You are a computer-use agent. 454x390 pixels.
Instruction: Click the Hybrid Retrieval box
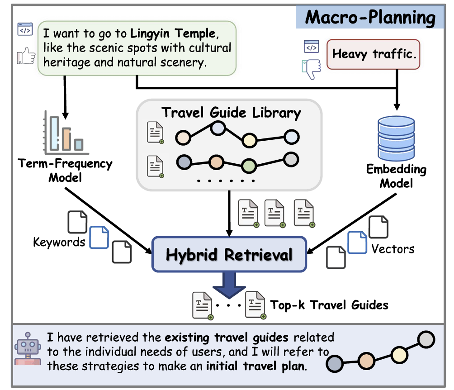[x=229, y=254]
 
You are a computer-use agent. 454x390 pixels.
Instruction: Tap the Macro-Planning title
[x=370, y=17]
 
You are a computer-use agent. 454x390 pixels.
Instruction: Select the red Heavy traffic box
[x=373, y=54]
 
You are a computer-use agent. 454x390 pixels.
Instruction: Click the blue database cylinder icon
[x=396, y=138]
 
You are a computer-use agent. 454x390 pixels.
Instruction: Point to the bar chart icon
[x=66, y=132]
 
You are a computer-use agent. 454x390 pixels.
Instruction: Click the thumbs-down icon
[x=312, y=69]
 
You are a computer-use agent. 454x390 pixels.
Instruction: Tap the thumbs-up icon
[x=26, y=56]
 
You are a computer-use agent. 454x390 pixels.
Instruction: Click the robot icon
[x=28, y=348]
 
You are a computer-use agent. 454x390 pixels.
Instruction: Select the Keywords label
[x=59, y=242]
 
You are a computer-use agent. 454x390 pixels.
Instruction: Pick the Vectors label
[x=393, y=249]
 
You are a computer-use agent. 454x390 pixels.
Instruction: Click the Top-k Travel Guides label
[x=329, y=305]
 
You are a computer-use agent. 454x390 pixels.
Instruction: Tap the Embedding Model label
[x=396, y=176]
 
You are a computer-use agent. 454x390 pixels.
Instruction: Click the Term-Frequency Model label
[x=65, y=171]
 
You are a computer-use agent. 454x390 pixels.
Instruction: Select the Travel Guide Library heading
[x=231, y=113]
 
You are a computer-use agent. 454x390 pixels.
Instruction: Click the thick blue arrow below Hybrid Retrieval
[x=229, y=285]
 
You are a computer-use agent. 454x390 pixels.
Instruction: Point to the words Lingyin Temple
[x=173, y=33]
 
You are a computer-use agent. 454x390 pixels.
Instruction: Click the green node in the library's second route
[x=249, y=166]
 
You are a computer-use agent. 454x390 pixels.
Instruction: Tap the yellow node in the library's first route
[x=249, y=141]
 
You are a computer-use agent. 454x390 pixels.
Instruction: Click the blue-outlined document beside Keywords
[x=99, y=238]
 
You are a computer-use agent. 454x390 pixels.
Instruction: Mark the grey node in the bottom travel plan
[x=426, y=340]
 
